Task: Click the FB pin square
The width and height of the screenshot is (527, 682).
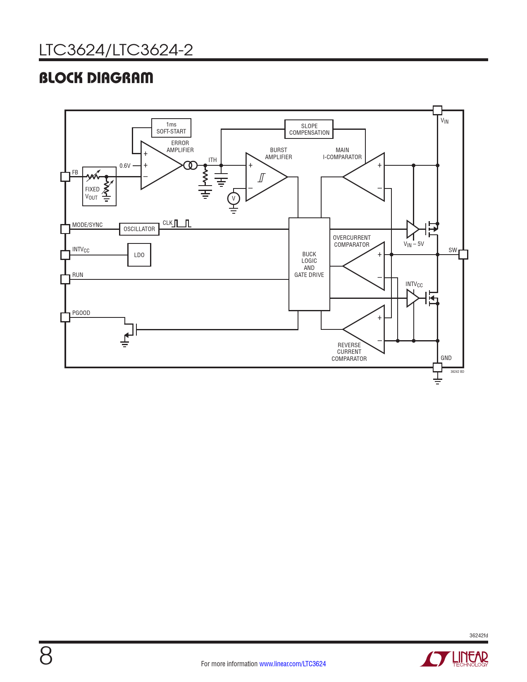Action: click(65, 176)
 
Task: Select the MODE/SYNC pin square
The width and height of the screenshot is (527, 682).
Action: click(65, 229)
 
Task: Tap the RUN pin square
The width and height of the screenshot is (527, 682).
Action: click(65, 279)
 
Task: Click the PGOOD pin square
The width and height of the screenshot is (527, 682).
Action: click(65, 317)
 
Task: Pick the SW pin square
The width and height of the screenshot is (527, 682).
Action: click(463, 255)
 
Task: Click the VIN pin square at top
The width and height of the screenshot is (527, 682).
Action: click(437, 110)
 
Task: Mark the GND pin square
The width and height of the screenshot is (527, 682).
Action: click(437, 367)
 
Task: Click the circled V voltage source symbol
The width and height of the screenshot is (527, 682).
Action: click(234, 198)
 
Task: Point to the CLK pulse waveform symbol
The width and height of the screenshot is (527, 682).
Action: click(182, 224)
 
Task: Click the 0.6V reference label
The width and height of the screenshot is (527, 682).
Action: click(125, 166)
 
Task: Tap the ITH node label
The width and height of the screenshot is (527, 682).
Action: click(212, 160)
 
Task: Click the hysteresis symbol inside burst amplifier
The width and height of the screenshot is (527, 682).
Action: click(262, 178)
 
